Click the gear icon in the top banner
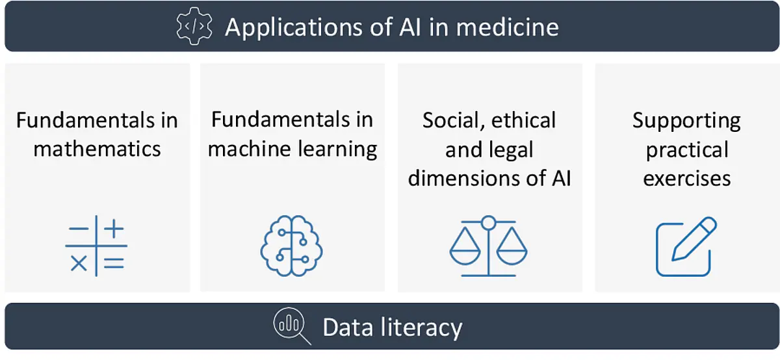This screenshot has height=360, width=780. click(194, 26)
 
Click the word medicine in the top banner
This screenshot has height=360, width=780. click(508, 27)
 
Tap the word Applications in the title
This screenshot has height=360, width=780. click(294, 28)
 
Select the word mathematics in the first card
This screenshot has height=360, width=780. click(97, 149)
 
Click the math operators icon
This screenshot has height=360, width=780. click(96, 246)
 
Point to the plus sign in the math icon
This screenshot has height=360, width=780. click(114, 229)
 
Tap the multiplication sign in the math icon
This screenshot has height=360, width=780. click(79, 263)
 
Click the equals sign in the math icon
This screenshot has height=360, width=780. click(114, 263)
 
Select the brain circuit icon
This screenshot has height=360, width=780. click(291, 246)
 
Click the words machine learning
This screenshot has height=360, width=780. click(292, 149)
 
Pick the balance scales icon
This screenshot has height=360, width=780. click(488, 246)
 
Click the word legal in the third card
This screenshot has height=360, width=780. click(511, 149)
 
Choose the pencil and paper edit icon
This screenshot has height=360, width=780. click(686, 246)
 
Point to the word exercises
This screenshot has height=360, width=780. click(686, 179)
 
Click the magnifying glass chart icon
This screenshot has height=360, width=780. click(292, 326)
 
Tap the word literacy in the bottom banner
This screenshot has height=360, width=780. click(421, 328)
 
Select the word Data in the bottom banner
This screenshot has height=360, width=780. click(348, 328)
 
